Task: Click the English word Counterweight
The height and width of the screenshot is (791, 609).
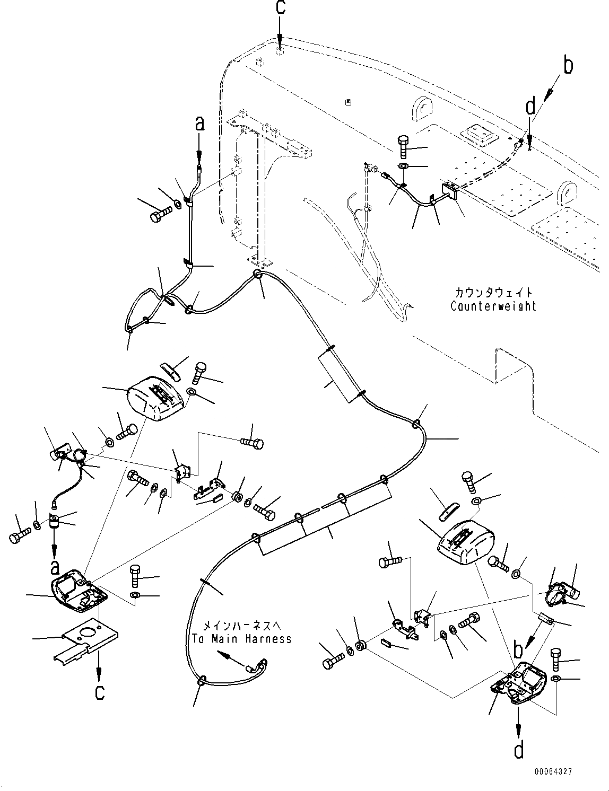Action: click(493, 306)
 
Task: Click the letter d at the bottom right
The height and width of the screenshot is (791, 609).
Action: click(518, 750)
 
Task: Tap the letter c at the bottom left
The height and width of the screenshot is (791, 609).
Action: click(99, 692)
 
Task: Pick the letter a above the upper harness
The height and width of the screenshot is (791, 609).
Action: click(199, 124)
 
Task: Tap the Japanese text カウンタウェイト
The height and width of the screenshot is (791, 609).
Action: click(493, 292)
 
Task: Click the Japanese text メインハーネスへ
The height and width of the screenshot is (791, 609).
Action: click(241, 626)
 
